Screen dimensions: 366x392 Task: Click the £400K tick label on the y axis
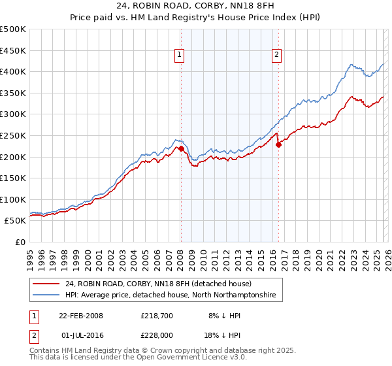(13, 71)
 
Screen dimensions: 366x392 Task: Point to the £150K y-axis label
(13, 178)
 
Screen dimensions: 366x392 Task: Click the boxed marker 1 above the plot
(180, 56)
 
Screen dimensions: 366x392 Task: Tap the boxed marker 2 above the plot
(277, 56)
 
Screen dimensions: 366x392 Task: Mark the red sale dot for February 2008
(181, 149)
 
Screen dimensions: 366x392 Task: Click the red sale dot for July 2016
(278, 145)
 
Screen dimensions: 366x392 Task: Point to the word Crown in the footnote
(174, 351)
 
